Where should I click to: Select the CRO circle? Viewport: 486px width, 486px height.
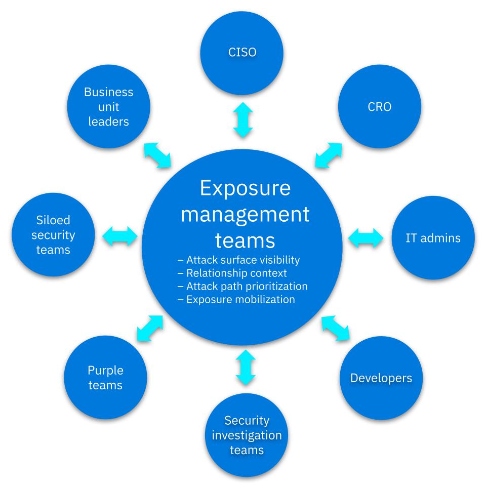click(x=379, y=107)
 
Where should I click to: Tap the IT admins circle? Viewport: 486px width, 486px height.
click(x=433, y=238)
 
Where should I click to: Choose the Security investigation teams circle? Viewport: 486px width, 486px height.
click(x=246, y=435)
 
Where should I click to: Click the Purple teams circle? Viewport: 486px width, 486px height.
click(x=105, y=378)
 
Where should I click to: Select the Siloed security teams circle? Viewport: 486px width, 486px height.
click(x=53, y=235)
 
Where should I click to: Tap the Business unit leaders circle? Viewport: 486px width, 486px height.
click(x=108, y=107)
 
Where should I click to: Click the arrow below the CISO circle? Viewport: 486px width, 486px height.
click(x=242, y=120)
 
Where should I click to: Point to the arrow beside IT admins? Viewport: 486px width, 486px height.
click(x=367, y=237)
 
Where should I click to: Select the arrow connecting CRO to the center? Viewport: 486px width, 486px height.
click(x=328, y=155)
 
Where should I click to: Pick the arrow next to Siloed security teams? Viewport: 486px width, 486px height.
click(x=120, y=235)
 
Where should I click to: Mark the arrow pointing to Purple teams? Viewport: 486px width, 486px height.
click(x=150, y=328)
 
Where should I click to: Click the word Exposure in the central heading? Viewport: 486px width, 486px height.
click(x=245, y=188)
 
